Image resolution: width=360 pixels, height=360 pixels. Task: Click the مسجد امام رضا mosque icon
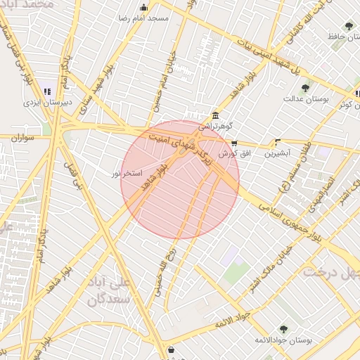point(144,8)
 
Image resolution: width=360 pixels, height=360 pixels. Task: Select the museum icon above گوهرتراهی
point(214,116)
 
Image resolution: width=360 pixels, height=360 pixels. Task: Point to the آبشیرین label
point(277,152)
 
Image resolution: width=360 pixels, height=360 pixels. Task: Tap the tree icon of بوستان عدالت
point(304,89)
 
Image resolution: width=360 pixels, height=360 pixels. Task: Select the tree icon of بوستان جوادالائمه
point(283,329)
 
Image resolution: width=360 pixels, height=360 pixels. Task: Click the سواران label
point(23,138)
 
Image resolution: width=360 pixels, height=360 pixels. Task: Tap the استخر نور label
point(128,173)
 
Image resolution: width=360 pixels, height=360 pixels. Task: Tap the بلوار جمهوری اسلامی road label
point(288,217)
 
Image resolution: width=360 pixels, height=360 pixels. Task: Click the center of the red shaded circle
point(180,180)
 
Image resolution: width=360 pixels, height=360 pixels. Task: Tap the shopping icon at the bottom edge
point(171,349)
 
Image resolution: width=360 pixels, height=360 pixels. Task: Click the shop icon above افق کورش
point(234,143)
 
